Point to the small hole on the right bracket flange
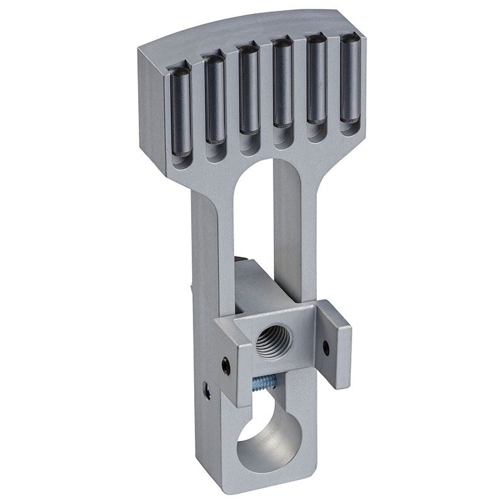(326, 346)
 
